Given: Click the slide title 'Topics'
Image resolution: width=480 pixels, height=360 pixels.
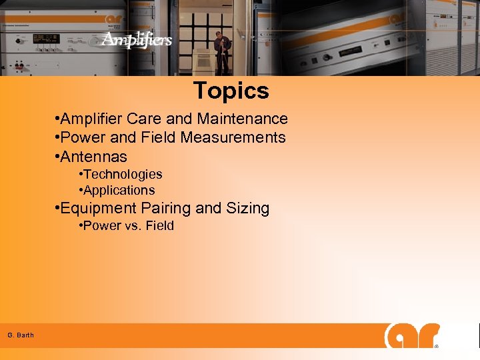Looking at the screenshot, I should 231,91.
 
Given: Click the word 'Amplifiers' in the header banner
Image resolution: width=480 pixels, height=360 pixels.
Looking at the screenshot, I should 137,40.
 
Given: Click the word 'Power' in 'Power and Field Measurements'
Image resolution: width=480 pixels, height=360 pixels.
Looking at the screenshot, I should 82,137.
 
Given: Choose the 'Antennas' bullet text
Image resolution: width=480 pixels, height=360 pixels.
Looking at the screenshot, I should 93,157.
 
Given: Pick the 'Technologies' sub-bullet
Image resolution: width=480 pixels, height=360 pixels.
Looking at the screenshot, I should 123,174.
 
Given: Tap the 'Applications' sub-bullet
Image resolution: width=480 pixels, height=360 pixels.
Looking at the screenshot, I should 119,190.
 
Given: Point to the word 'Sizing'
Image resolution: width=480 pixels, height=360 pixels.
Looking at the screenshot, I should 247,208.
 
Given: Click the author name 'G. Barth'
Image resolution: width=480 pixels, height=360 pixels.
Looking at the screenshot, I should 21,335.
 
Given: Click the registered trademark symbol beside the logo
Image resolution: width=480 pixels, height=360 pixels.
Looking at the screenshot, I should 437,346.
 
